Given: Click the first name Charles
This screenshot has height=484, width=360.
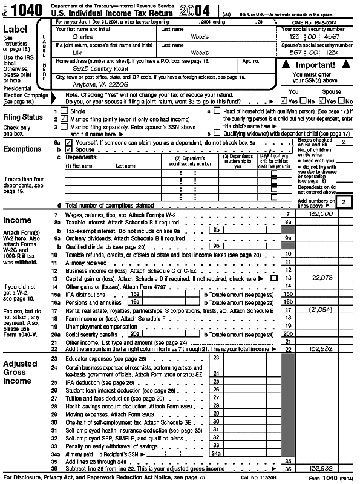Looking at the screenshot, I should click(82, 36).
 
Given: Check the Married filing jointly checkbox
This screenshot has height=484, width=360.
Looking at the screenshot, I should click(64, 120).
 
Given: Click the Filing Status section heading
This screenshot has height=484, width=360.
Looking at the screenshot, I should click(24, 117).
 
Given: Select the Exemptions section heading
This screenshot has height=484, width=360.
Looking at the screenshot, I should click(23, 149).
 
